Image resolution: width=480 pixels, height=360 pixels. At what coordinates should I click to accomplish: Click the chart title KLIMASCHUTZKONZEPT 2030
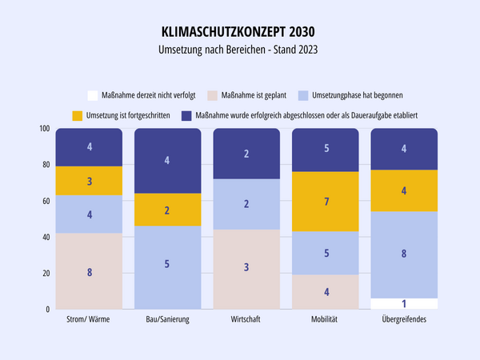(239, 33)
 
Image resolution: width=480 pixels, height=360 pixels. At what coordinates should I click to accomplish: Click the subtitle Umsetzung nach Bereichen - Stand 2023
(239, 50)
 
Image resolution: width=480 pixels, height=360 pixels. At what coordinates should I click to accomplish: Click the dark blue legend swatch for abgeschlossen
(187, 114)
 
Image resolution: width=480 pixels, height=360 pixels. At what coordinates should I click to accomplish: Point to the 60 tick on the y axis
(45, 201)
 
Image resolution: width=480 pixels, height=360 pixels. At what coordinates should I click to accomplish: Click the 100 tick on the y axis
(43, 129)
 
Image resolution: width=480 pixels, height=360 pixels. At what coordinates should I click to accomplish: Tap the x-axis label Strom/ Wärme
(89, 321)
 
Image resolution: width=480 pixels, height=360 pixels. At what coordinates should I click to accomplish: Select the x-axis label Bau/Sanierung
(167, 321)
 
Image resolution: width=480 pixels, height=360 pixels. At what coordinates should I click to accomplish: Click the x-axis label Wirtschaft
(246, 321)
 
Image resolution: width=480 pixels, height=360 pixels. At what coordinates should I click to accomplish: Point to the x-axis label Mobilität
(325, 321)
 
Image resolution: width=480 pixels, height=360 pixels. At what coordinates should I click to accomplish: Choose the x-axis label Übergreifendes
(404, 321)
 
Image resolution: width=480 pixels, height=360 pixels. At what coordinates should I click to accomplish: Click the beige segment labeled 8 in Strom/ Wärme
(89, 271)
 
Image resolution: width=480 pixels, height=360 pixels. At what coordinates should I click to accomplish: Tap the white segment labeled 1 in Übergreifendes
(404, 303)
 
